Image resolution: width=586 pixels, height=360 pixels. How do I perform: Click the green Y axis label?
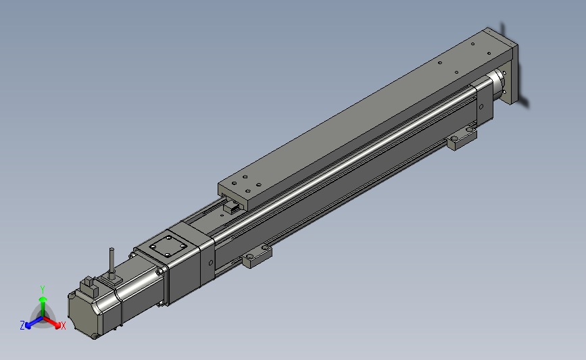point(42,290)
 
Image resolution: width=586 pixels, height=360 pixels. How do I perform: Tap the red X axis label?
point(63,326)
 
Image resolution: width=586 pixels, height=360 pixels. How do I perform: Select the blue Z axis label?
point(22,326)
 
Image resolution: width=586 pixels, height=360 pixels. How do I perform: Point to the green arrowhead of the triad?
point(43,299)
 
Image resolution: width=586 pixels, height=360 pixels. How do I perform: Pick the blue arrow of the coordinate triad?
point(34,322)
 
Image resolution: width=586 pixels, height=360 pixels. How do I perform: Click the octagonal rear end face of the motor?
point(83,315)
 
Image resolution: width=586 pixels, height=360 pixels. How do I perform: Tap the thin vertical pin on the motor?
point(112,262)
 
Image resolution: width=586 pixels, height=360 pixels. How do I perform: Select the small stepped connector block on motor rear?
point(89,285)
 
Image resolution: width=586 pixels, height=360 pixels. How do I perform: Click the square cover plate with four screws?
point(168,246)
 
